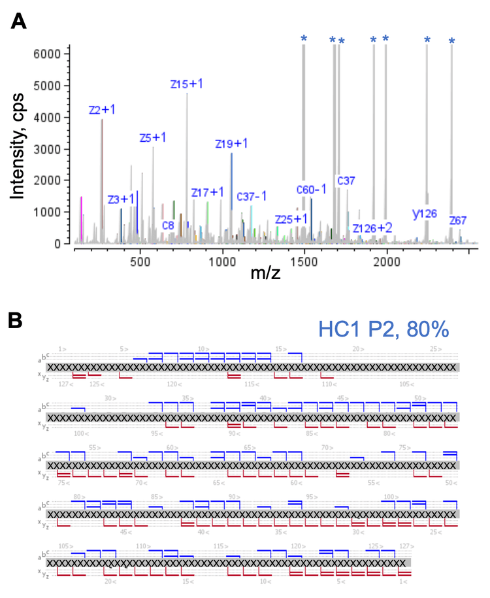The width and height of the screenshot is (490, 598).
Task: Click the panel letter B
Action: point(19,320)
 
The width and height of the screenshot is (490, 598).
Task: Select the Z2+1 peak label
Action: point(102,110)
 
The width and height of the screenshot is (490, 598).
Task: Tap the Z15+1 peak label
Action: point(187,84)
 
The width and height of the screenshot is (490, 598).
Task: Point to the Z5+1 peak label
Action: point(153,137)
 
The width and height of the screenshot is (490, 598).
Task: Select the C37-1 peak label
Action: point(252,195)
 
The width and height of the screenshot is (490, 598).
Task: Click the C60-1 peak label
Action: point(312,189)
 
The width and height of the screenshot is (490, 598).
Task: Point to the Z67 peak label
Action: point(458,221)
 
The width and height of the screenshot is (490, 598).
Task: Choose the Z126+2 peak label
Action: point(372,227)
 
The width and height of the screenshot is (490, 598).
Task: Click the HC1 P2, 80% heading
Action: point(384,329)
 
